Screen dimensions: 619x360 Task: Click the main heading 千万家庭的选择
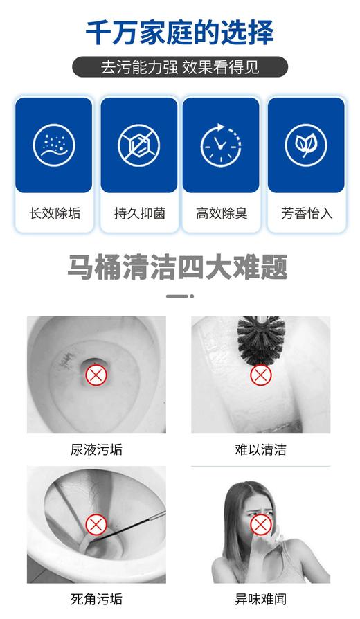tap(180, 33)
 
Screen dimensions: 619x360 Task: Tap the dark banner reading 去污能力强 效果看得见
tap(180, 67)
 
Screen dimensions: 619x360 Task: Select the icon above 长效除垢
tap(53, 144)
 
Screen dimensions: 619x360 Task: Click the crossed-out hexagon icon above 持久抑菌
tap(138, 144)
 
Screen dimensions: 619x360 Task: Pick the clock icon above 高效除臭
tap(221, 144)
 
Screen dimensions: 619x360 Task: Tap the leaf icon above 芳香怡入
tap(306, 144)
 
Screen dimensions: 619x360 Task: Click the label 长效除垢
tap(55, 213)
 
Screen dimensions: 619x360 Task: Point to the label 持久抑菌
tap(139, 213)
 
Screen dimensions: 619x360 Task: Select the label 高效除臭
tap(222, 213)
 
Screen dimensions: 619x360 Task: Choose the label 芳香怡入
tap(307, 213)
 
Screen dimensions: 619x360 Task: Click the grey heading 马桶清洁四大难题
tap(177, 267)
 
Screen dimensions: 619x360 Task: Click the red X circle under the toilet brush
tap(260, 375)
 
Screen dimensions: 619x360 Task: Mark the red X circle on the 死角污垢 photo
tap(96, 524)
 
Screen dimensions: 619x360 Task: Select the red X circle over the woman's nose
tap(260, 525)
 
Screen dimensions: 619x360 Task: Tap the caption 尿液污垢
tap(96, 450)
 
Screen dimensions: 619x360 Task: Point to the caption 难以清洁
tap(260, 450)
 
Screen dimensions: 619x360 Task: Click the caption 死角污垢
tap(96, 600)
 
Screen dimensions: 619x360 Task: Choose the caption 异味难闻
tap(260, 600)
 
